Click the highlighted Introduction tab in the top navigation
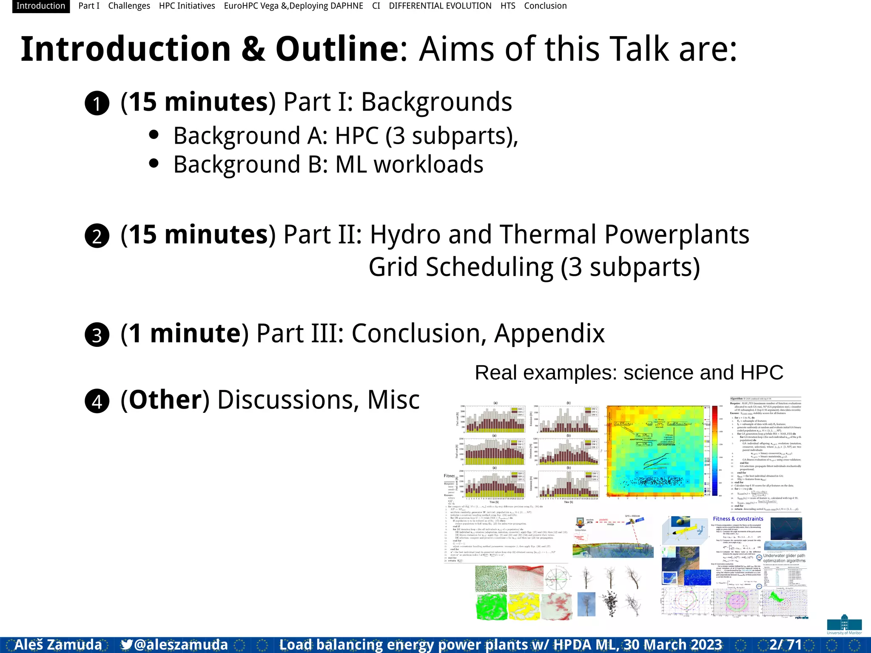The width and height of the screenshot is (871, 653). tap(41, 6)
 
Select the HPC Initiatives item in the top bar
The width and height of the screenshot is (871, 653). tap(187, 6)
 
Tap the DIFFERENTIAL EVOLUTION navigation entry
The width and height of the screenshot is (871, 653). tap(440, 6)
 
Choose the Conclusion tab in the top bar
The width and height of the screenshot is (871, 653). tap(545, 6)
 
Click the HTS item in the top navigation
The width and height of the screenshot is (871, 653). tap(508, 6)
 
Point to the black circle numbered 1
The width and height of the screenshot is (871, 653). tap(97, 103)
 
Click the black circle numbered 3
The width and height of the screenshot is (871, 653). tap(97, 335)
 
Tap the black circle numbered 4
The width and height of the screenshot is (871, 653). tap(97, 401)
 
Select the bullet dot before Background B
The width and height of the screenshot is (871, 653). tap(154, 163)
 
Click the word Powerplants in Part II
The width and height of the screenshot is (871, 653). tap(677, 235)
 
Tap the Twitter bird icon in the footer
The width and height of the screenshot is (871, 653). tap(126, 644)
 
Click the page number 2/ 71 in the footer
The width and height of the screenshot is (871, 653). tap(786, 644)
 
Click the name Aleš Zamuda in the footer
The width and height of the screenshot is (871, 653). tap(58, 644)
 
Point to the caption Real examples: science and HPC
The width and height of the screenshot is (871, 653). tap(629, 373)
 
